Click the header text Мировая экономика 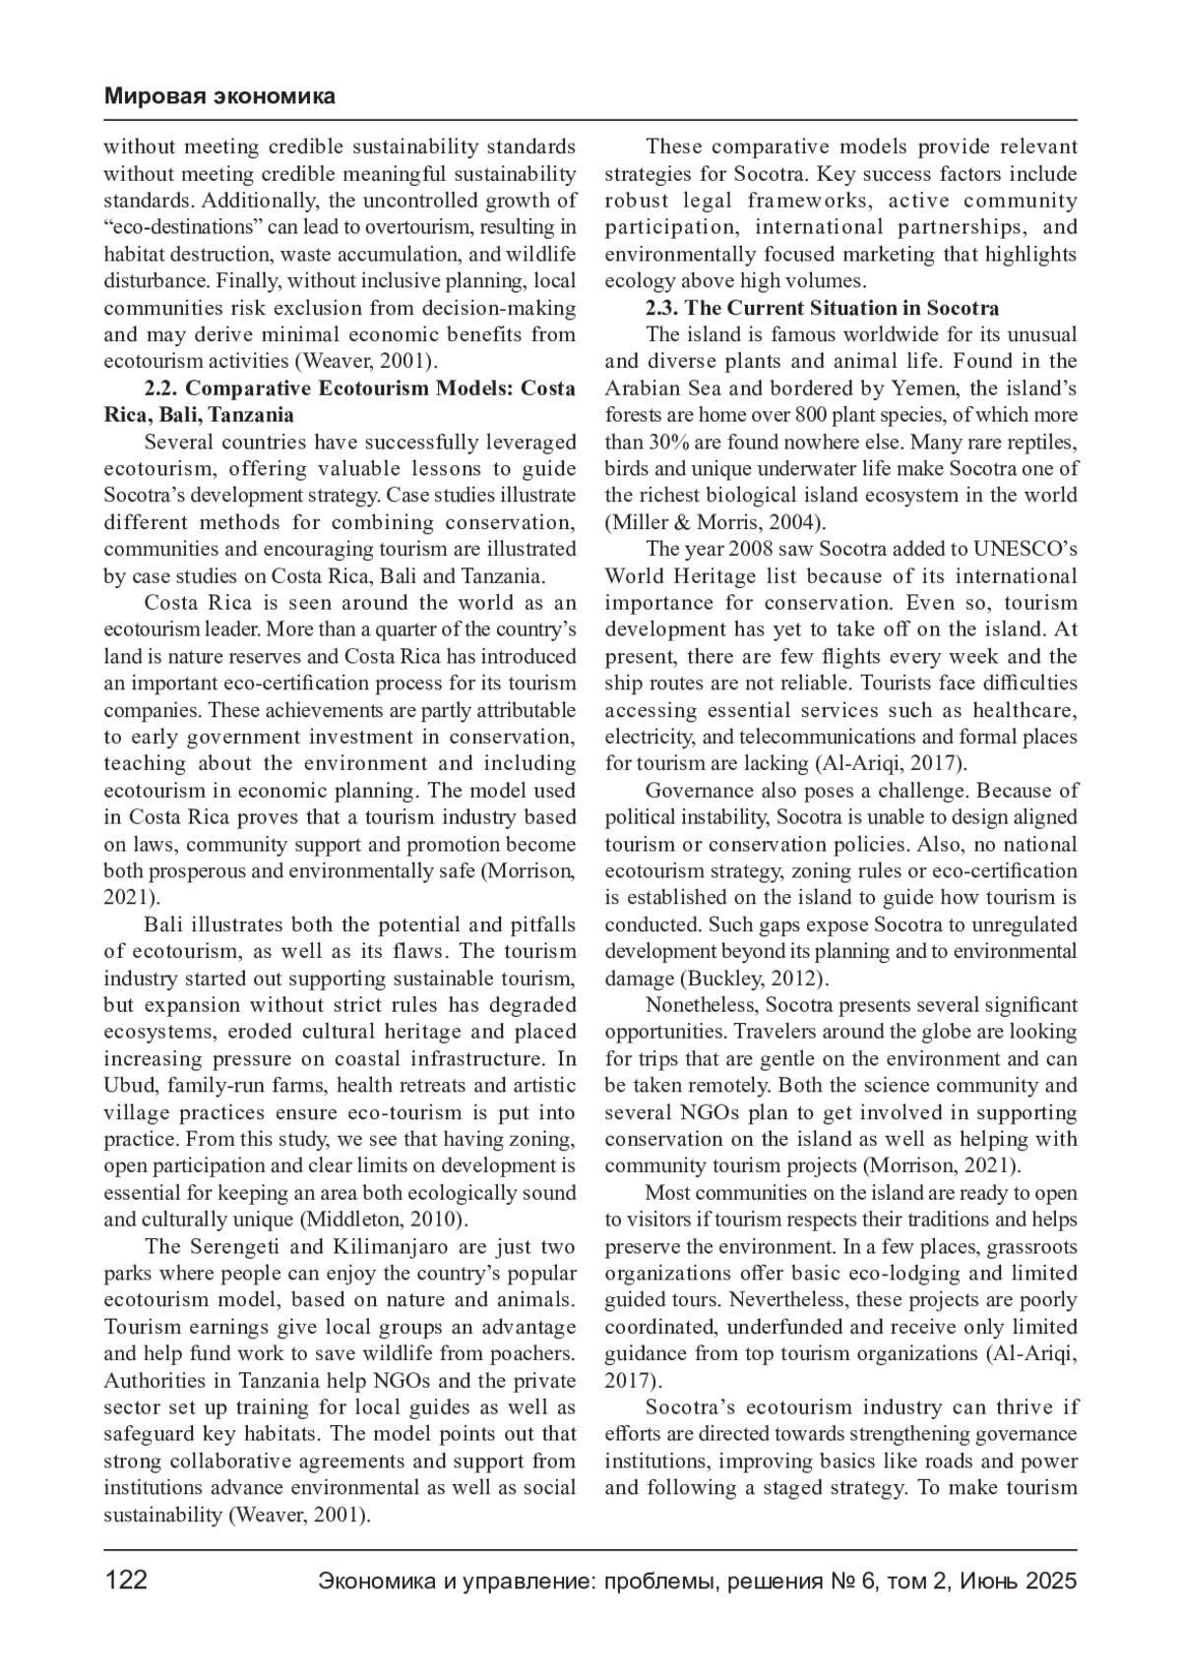(x=219, y=96)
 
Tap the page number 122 (x=126, y=1581)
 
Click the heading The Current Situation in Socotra (x=841, y=308)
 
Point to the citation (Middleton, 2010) (x=385, y=1221)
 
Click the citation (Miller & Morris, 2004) (x=715, y=522)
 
